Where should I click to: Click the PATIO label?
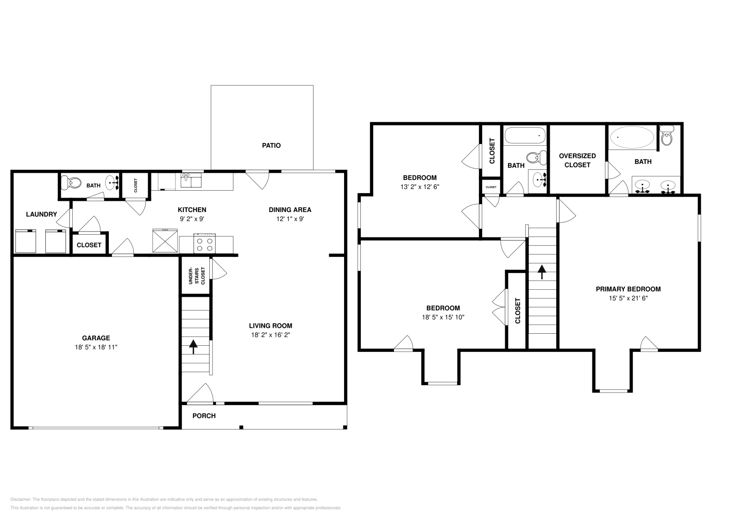coord(271,145)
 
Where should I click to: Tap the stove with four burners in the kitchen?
coord(205,244)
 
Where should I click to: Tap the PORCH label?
coord(204,416)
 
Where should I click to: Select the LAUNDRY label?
coord(41,214)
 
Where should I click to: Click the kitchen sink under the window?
coord(191,180)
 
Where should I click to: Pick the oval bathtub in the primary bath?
coord(632,137)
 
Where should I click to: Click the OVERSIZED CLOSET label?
coord(577,160)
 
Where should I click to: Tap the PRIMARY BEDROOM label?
coord(628,289)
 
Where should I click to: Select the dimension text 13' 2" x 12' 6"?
coord(420,187)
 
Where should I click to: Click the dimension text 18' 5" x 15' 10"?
coord(443,317)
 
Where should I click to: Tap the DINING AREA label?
coord(290,210)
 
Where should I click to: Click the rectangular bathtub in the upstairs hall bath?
coord(525,136)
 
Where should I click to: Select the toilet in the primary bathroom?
coord(666,137)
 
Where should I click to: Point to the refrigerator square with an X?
coord(165,241)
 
